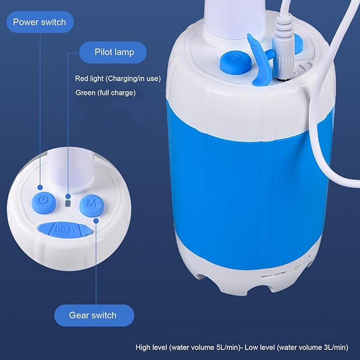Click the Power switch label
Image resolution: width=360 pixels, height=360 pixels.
[39, 22]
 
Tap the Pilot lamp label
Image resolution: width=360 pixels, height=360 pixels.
[114, 52]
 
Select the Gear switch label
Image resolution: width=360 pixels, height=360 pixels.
[93, 315]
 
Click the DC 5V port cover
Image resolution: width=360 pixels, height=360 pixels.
[66, 229]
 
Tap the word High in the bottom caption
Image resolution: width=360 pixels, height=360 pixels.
[143, 348]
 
